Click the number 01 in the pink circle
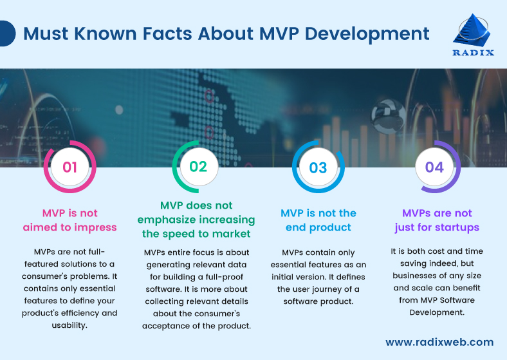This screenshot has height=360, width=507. [x=69, y=168]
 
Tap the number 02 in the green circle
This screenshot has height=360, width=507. [x=198, y=167]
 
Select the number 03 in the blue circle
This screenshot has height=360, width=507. [x=318, y=168]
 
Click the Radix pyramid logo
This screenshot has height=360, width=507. [x=474, y=30]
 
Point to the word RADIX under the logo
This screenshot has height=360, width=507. [x=474, y=53]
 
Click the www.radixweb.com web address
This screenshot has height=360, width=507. [x=439, y=342]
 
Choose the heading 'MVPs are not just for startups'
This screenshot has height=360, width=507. [x=437, y=220]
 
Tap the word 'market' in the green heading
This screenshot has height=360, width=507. [x=230, y=233]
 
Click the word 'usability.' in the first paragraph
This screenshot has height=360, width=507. [x=70, y=325]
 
